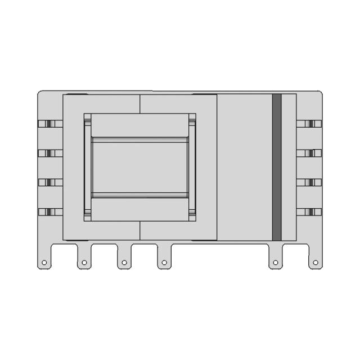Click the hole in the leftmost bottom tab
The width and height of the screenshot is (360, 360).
point(44,262)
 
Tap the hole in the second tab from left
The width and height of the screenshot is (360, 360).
point(84,262)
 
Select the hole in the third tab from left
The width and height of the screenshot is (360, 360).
point(124,262)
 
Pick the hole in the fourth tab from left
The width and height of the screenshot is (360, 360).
point(164,262)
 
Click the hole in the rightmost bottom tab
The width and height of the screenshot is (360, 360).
point(315,262)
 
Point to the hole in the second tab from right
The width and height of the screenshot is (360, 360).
point(275,262)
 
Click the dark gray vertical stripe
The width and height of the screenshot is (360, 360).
point(277,167)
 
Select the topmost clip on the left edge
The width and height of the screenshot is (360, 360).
point(49,123)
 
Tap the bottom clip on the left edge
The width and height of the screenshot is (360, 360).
point(49,212)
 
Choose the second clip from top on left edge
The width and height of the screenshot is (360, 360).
point(49,153)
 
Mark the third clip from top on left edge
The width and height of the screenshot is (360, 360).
point(49,182)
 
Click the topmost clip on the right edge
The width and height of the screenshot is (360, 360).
point(309,123)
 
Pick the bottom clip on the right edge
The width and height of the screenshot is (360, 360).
point(309,212)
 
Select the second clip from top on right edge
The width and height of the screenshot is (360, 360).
point(309,153)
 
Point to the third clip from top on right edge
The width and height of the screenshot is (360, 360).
point(309,182)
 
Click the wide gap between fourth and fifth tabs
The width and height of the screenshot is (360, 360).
point(219,250)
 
